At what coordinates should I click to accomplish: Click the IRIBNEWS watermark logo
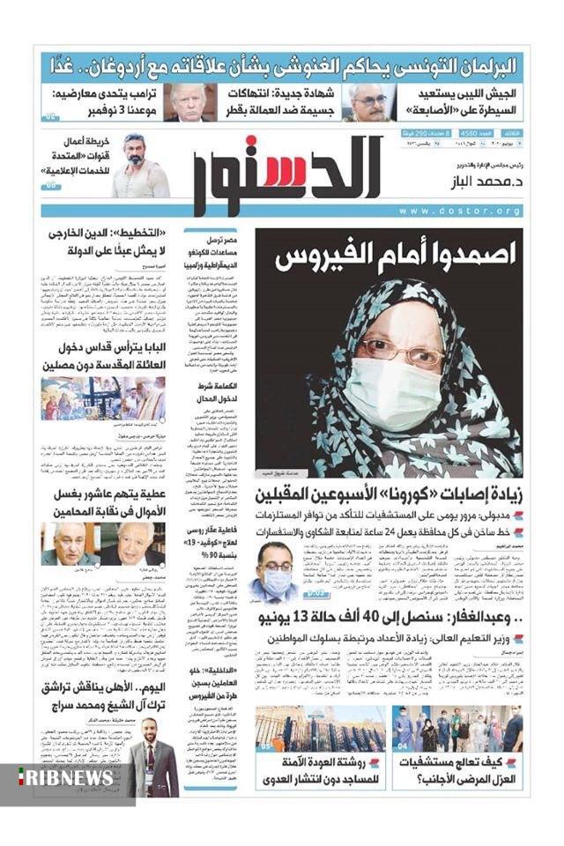point(65,777)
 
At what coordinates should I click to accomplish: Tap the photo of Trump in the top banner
point(189,102)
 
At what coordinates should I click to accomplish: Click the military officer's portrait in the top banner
point(369,102)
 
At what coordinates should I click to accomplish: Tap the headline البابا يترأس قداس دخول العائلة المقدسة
point(103,353)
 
